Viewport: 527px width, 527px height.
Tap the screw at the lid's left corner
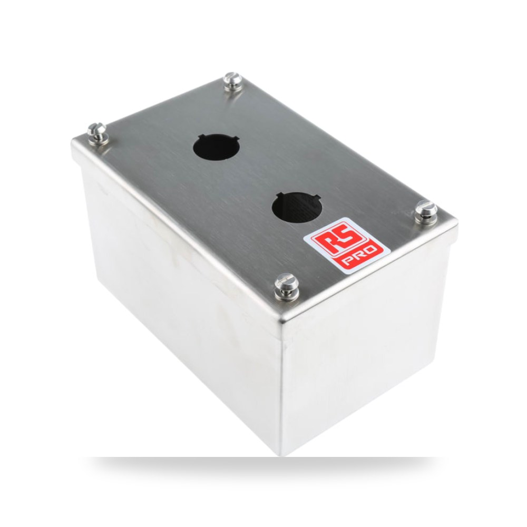pos(97,133)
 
